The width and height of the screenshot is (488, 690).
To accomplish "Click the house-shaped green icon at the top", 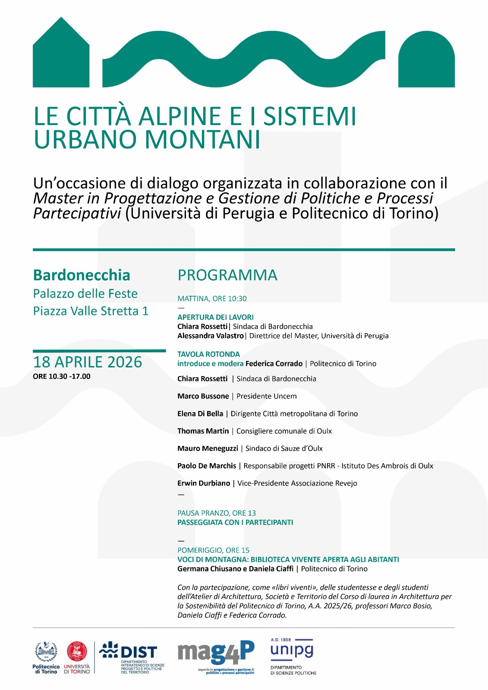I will click(61, 54).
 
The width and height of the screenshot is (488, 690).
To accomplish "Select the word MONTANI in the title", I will click(202, 139).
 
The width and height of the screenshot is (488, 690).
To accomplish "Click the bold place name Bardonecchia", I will click(82, 275).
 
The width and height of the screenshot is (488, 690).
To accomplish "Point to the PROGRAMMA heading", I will click(227, 275).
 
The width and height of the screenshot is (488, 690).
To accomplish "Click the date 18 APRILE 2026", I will click(88, 362).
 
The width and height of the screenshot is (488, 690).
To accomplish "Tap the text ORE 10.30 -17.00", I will click(62, 376).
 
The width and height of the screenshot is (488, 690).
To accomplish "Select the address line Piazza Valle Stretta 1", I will click(91, 311).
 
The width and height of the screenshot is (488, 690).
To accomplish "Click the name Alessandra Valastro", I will click(210, 336).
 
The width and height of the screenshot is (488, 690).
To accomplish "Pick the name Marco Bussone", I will click(203, 396).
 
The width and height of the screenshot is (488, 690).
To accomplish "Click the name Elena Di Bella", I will click(200, 414).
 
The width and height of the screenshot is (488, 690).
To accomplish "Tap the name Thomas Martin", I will click(203, 431).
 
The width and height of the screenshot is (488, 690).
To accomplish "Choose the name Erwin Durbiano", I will click(204, 483).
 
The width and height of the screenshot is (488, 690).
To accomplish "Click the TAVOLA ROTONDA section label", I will click(208, 354).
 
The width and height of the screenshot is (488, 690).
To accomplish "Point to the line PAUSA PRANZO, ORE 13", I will click(217, 513).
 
